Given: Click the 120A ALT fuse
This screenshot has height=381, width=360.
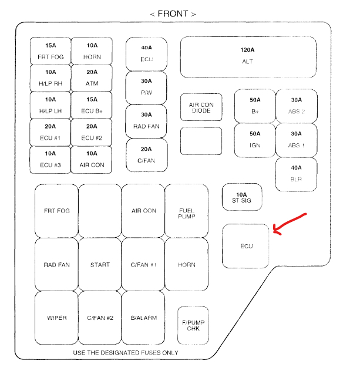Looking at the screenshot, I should (x=248, y=57).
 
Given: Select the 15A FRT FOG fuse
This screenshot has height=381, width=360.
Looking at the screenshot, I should (x=51, y=52).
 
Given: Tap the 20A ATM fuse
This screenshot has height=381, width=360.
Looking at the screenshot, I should (x=92, y=78).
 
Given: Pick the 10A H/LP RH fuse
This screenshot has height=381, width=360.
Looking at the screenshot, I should (x=51, y=78).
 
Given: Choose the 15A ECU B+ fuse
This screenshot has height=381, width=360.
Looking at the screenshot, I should (x=92, y=105).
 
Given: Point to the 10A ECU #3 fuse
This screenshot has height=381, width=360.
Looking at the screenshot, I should (x=51, y=159).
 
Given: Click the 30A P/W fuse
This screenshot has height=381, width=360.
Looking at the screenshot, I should (x=146, y=87).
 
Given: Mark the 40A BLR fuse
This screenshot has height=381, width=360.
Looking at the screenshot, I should (x=296, y=173).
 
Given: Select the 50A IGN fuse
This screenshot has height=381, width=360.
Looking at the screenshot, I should (x=255, y=140).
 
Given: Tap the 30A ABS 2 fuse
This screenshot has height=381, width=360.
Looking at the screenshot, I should (x=296, y=106).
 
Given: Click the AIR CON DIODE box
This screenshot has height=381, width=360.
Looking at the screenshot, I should (x=201, y=107).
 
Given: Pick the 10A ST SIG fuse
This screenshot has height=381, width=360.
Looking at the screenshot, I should (x=242, y=198).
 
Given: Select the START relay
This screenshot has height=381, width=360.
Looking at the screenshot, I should (x=100, y=264).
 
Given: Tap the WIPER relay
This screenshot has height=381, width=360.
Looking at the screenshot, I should (x=56, y=318).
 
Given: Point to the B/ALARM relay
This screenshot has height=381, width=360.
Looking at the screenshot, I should (x=143, y=318).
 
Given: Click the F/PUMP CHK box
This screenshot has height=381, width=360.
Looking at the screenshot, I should (x=193, y=325).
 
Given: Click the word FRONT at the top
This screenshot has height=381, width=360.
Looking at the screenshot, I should (x=173, y=13).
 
